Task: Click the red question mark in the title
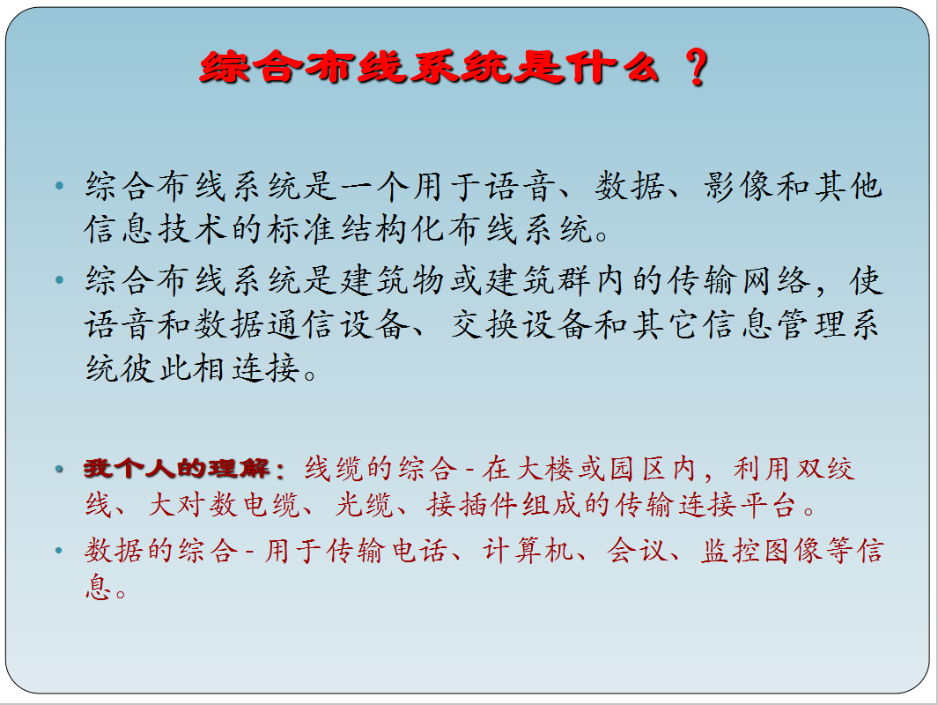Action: pos(696,67)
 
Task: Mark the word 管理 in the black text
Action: pos(811,325)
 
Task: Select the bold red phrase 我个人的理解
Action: pos(177,468)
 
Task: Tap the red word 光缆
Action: pos(364,504)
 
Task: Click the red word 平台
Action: pos(769,504)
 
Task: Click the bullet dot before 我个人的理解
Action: pos(59,469)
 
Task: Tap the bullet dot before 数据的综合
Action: pos(59,550)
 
